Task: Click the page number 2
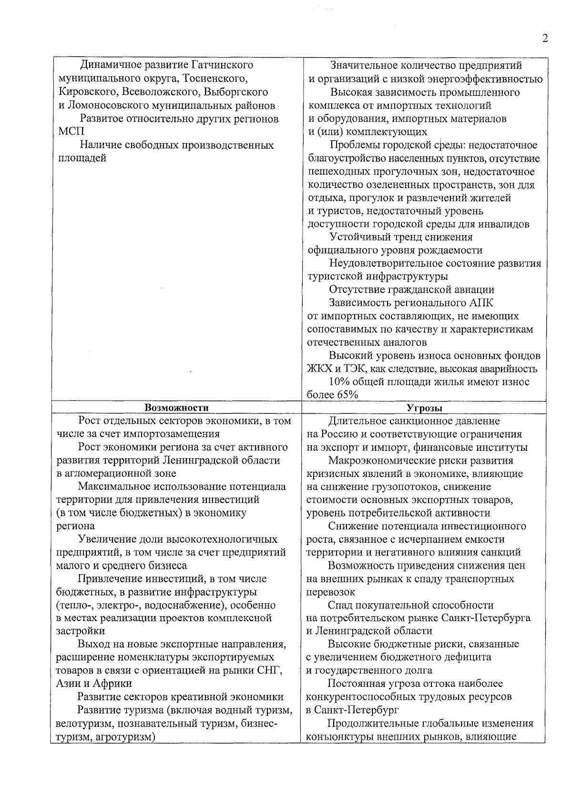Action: point(544,39)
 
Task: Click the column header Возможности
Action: point(176,407)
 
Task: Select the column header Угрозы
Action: point(424,408)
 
